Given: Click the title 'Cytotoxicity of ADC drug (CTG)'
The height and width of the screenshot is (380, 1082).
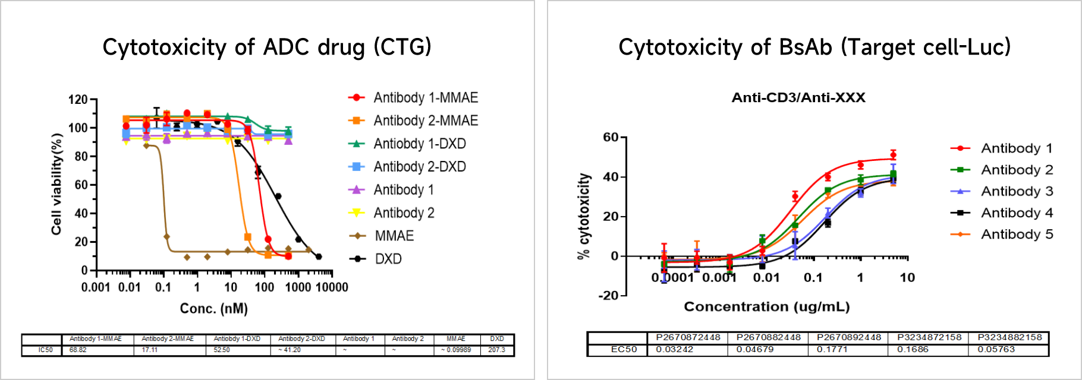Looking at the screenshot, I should (x=267, y=47).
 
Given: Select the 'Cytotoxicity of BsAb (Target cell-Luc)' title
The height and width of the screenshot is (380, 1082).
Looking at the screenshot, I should (x=814, y=47).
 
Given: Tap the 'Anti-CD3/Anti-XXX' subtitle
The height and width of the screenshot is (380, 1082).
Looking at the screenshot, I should (x=798, y=98).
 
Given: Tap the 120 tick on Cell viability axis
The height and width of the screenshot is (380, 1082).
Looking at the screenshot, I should (x=78, y=100).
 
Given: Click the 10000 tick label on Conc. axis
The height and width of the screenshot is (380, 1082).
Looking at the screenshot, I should (x=331, y=288).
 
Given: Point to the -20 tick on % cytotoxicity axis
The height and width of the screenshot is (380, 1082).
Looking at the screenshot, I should (x=608, y=296).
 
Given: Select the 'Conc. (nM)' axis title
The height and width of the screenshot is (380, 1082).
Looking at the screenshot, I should (x=214, y=309).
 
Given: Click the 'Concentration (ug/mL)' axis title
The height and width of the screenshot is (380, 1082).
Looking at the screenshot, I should (x=767, y=307).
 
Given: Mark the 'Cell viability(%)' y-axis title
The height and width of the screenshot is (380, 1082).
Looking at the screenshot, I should (x=56, y=184).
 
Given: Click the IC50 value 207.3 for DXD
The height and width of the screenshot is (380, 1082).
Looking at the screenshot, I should (x=496, y=350).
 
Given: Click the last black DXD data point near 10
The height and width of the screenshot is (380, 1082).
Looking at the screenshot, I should (x=319, y=256).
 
